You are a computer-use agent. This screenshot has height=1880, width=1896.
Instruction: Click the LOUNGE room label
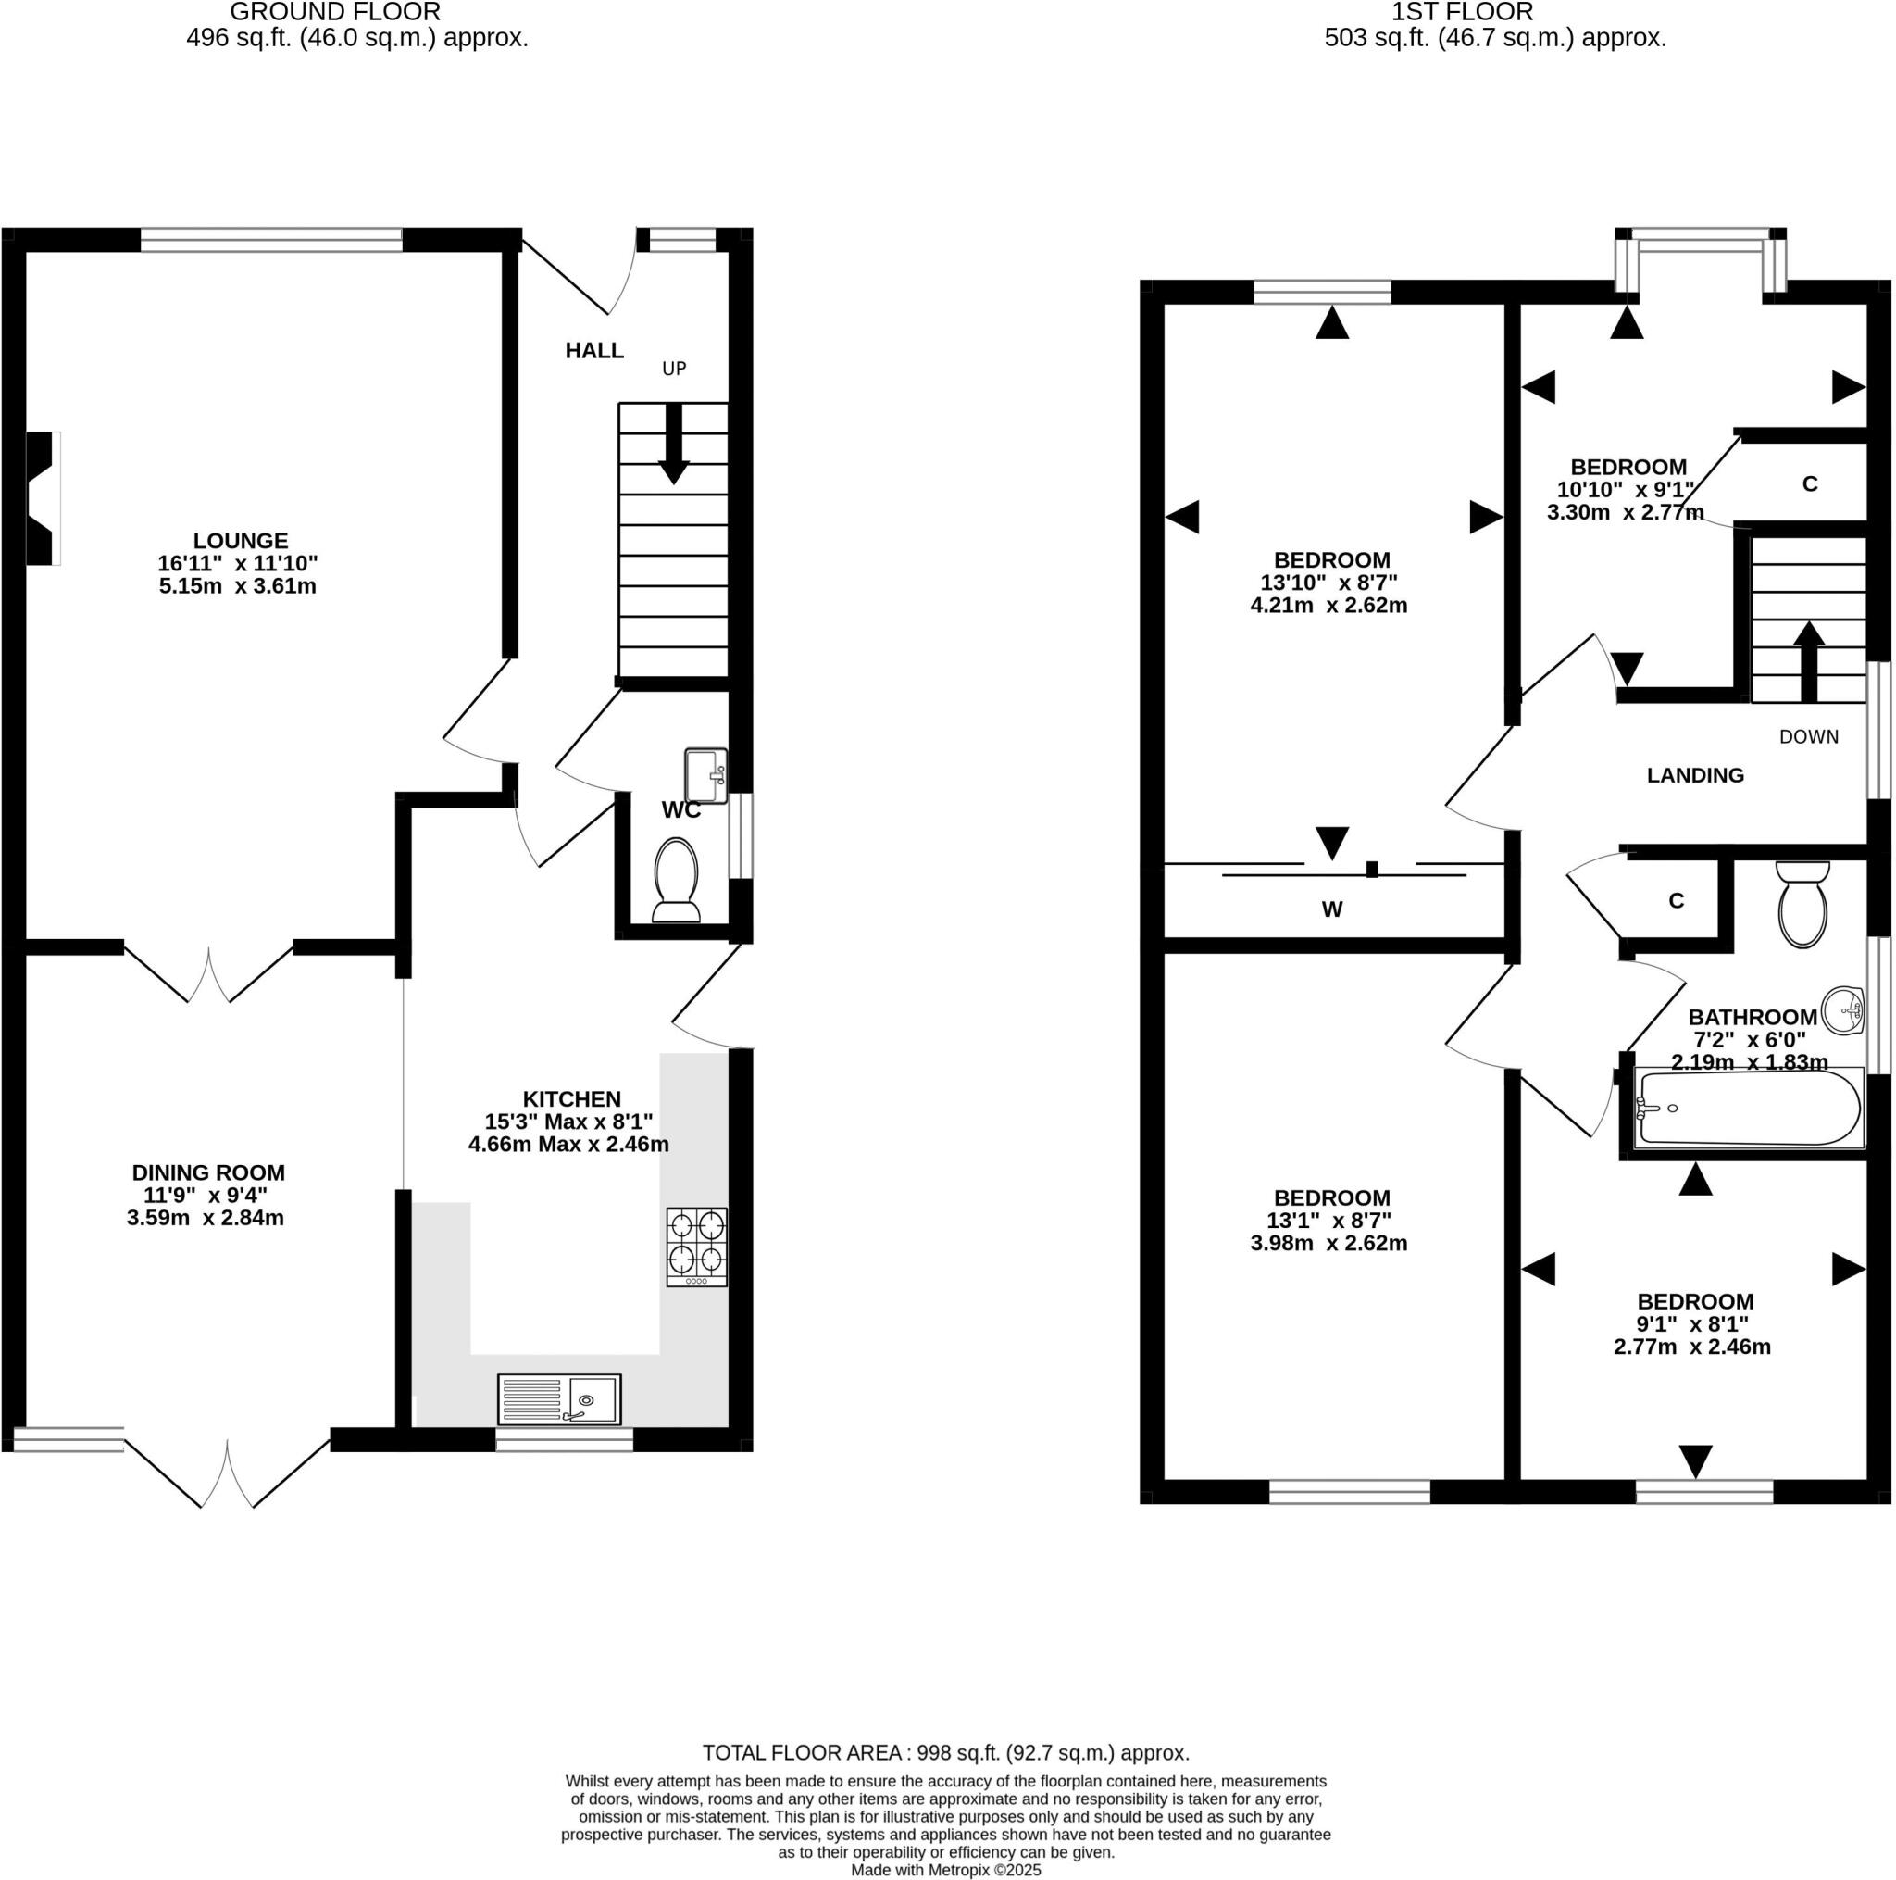(x=240, y=541)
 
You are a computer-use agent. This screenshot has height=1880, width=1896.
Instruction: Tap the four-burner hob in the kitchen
(x=697, y=1246)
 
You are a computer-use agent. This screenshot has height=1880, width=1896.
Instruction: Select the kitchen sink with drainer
(x=559, y=1399)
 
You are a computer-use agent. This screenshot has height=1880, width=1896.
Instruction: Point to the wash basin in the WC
(x=705, y=775)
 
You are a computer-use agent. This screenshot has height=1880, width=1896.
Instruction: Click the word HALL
(x=593, y=350)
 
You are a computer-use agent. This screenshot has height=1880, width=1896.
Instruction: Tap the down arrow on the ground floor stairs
(x=673, y=444)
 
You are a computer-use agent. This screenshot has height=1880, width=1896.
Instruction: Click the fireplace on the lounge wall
(x=43, y=499)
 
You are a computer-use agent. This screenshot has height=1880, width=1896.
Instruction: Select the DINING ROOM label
(x=208, y=1172)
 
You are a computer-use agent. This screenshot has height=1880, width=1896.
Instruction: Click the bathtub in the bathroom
(x=1749, y=1108)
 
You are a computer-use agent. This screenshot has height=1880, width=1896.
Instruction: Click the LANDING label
(x=1695, y=775)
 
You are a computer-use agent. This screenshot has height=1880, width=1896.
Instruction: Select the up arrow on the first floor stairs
(x=1809, y=660)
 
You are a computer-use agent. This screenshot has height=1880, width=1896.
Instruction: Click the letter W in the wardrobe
(x=1331, y=910)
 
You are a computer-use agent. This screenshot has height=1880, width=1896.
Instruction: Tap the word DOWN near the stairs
(x=1808, y=737)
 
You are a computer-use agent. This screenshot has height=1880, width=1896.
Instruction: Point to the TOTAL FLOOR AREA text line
(x=945, y=1753)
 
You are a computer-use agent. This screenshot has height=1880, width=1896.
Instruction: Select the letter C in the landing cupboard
(x=1677, y=901)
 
